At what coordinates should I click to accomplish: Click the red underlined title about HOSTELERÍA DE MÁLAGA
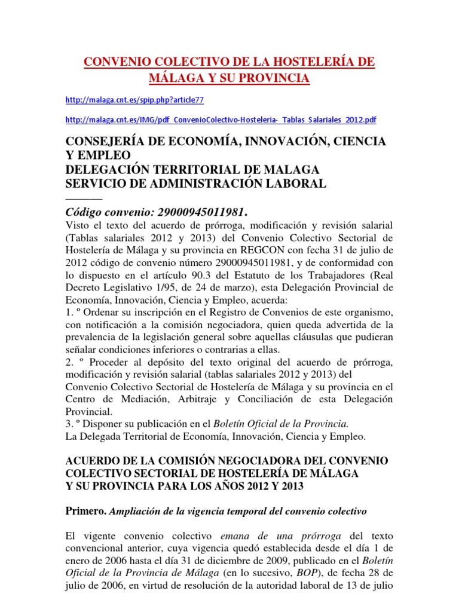click(x=229, y=70)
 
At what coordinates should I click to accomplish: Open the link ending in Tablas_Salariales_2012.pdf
click(x=221, y=120)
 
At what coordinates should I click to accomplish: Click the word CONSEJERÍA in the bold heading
click(x=106, y=142)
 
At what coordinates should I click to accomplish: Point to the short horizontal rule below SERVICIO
click(x=83, y=198)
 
